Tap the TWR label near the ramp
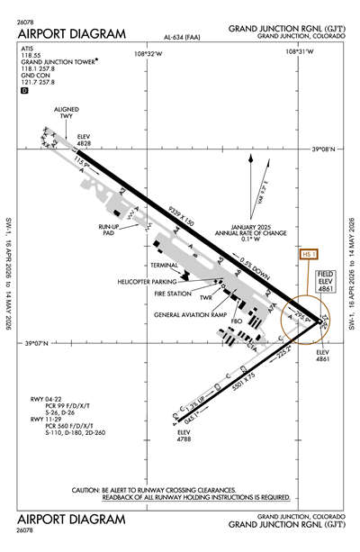coord(206,298)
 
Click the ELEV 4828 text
coord(85,140)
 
